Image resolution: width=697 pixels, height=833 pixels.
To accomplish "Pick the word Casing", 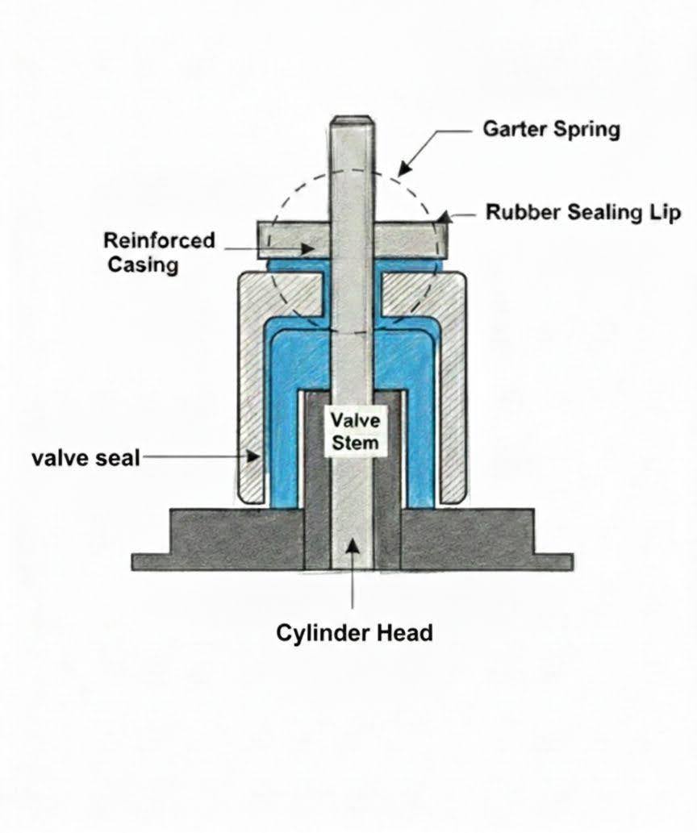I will click(x=143, y=264).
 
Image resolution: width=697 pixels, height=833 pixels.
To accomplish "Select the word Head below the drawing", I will click(x=403, y=632).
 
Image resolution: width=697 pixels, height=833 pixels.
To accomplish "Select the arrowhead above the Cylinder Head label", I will click(x=353, y=543).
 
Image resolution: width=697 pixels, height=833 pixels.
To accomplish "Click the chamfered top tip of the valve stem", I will click(x=353, y=122).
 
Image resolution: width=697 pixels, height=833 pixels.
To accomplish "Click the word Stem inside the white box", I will click(x=353, y=443).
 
